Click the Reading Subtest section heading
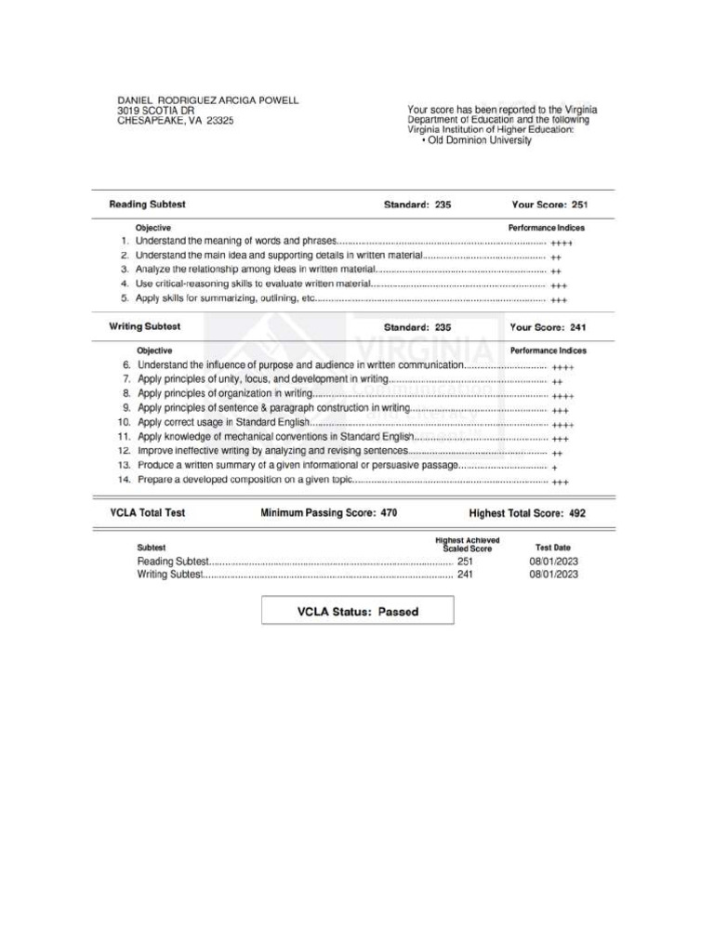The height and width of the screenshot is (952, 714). pyautogui.click(x=147, y=205)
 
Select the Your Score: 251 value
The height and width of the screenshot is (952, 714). pyautogui.click(x=549, y=205)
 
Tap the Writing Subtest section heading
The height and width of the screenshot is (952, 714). pyautogui.click(x=145, y=327)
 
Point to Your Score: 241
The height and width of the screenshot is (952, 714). pyautogui.click(x=549, y=327)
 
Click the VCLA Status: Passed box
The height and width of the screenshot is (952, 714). pyautogui.click(x=357, y=612)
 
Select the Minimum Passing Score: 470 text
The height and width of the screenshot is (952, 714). pyautogui.click(x=329, y=512)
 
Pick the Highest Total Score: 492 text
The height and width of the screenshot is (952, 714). pyautogui.click(x=527, y=512)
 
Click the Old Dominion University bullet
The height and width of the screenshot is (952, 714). pyautogui.click(x=476, y=140)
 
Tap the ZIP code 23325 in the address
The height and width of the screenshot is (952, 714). pyautogui.click(x=220, y=121)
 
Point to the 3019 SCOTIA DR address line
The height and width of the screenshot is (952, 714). pyautogui.click(x=155, y=111)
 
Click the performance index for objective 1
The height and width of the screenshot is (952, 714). pyautogui.click(x=562, y=243)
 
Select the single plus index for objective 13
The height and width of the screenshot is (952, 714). pyautogui.click(x=554, y=467)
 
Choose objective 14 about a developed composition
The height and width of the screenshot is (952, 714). pyautogui.click(x=245, y=481)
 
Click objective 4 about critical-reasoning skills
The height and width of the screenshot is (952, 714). pyautogui.click(x=254, y=284)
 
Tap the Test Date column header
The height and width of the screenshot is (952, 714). pyautogui.click(x=553, y=548)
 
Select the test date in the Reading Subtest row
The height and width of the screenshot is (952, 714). pyautogui.click(x=553, y=562)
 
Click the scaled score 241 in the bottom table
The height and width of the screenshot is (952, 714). pyautogui.click(x=465, y=575)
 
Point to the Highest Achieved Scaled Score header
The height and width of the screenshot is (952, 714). pyautogui.click(x=467, y=545)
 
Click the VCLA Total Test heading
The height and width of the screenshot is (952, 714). pyautogui.click(x=147, y=512)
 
